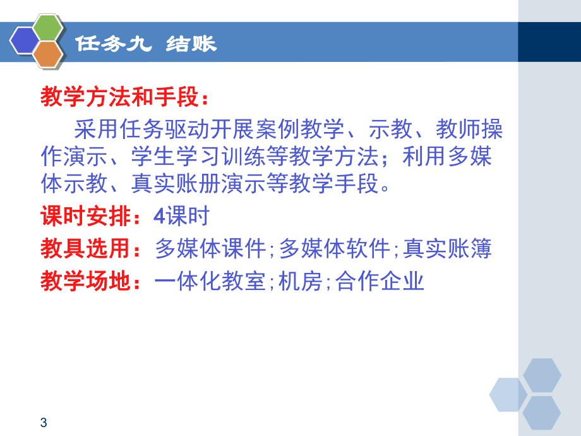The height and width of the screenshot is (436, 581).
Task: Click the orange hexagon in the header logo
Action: click(x=47, y=55)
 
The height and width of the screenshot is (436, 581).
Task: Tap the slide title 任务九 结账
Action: click(x=145, y=44)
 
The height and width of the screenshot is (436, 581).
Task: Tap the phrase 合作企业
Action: click(x=380, y=281)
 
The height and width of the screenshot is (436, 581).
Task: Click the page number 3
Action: click(x=43, y=423)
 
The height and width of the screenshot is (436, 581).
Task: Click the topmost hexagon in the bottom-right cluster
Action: click(x=542, y=374)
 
